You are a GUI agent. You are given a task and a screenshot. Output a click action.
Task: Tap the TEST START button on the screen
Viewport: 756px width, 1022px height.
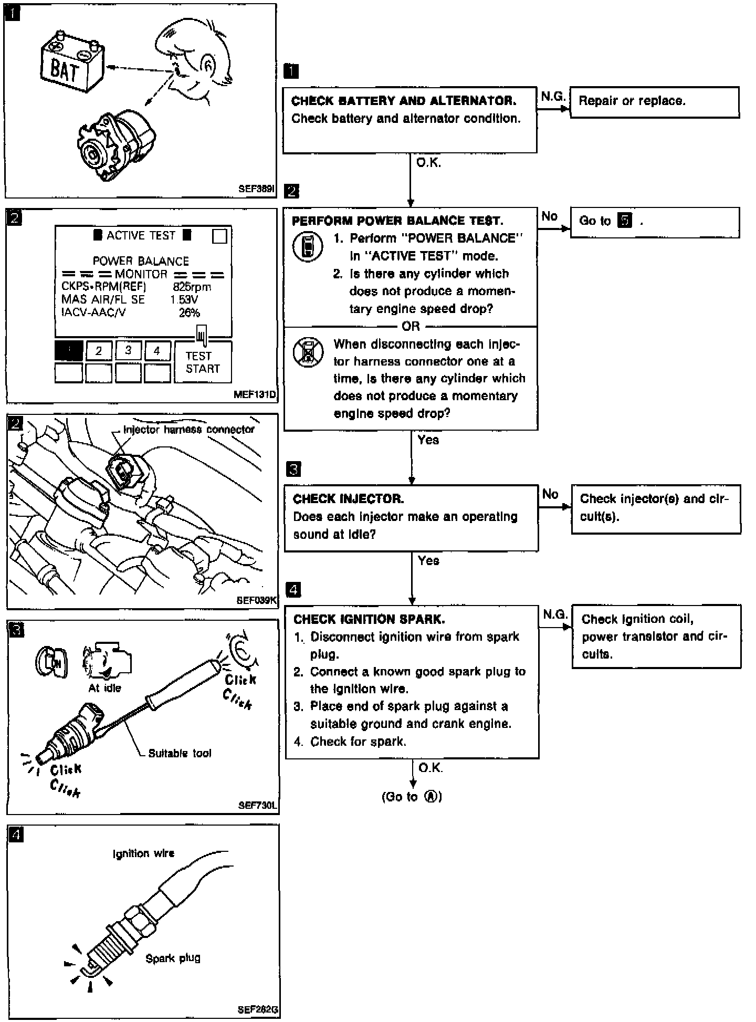coord(202,362)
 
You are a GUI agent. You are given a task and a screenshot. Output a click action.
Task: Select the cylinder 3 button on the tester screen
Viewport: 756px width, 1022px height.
coord(128,350)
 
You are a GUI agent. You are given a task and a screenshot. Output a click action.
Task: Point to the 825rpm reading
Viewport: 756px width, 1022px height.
coord(192,287)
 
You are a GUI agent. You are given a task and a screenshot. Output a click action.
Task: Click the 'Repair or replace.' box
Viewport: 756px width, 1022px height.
coord(654,102)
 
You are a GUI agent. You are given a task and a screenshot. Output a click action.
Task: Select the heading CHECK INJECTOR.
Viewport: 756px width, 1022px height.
coord(349,499)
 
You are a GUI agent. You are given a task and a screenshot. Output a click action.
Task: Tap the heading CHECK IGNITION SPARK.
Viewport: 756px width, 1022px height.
coord(369,620)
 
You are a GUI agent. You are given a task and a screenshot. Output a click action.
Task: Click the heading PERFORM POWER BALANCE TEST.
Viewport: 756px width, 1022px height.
coord(397,221)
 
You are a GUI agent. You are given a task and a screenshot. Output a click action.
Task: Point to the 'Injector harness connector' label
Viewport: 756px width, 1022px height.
coord(188,430)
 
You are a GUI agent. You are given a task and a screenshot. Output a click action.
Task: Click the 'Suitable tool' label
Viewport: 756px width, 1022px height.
coord(180,753)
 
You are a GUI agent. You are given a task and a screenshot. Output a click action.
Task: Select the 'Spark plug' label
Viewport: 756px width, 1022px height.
coord(173,958)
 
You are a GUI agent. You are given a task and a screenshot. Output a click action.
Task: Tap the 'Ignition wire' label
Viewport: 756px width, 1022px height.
coord(143,853)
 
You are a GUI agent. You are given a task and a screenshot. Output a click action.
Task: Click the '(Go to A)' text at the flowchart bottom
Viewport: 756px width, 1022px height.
coord(412,797)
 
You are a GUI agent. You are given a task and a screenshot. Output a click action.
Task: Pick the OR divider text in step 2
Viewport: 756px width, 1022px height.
coord(411,326)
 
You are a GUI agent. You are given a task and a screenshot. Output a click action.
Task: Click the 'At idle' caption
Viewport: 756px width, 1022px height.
coord(104,688)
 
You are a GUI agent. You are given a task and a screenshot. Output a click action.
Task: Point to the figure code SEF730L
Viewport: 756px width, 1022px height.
coord(257,805)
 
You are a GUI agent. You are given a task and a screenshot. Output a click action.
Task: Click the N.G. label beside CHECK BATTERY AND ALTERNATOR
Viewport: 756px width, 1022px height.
coord(553,96)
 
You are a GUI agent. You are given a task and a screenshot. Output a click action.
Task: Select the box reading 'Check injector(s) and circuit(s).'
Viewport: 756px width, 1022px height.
coord(655,508)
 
